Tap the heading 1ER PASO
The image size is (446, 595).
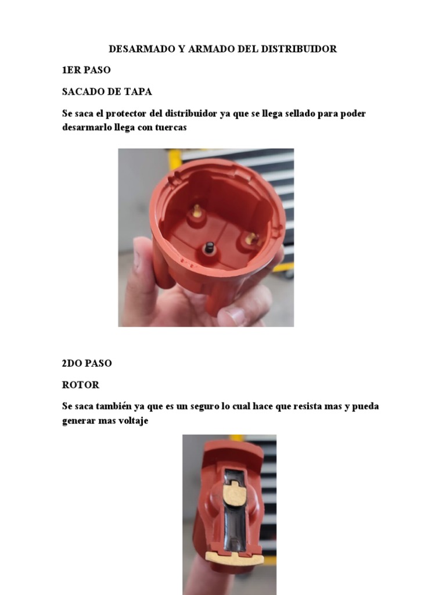click(x=86, y=70)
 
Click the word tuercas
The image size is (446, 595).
click(x=169, y=127)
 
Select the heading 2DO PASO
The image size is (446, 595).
click(x=87, y=363)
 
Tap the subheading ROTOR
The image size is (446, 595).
click(x=81, y=385)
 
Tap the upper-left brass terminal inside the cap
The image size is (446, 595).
click(x=197, y=210)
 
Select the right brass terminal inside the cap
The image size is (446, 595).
click(x=251, y=238)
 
